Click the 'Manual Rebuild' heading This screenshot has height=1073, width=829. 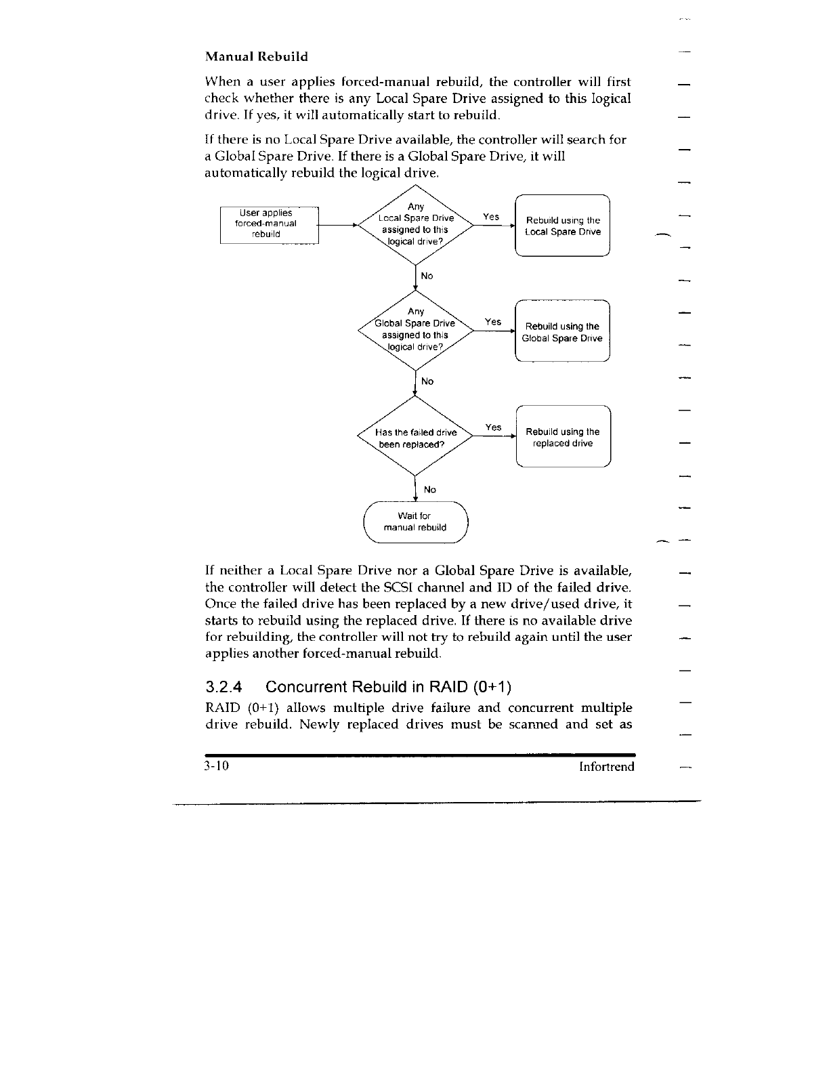click(257, 56)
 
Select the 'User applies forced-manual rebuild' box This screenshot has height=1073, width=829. click(269, 224)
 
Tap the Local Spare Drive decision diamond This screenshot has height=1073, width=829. click(415, 224)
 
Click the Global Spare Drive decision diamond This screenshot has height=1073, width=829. click(415, 330)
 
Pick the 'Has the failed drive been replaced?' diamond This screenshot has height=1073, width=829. click(415, 438)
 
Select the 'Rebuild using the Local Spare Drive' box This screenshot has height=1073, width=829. click(563, 226)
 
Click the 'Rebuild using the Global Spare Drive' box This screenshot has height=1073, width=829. click(562, 332)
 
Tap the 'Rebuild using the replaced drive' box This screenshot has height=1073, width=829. click(563, 438)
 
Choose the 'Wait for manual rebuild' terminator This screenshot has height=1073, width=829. click(415, 522)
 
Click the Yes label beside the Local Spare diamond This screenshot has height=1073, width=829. click(491, 217)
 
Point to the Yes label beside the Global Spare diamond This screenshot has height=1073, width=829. click(493, 322)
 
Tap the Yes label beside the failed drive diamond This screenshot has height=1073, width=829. click(493, 427)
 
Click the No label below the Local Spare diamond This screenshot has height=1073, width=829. click(427, 276)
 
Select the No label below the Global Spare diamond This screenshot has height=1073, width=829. click(427, 381)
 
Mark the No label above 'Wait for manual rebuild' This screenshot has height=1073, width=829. click(429, 489)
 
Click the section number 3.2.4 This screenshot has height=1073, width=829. click(224, 687)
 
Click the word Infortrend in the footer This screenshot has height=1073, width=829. click(606, 767)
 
